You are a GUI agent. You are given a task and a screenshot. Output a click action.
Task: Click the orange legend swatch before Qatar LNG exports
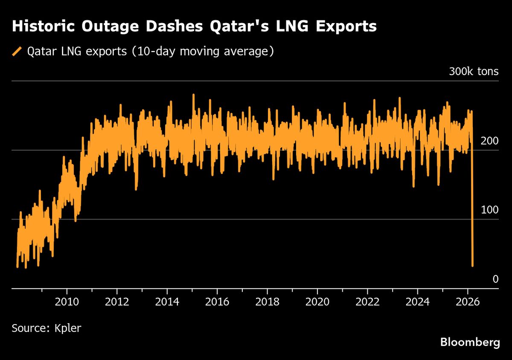pos(17,52)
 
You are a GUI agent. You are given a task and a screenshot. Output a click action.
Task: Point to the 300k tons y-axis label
pos(473,71)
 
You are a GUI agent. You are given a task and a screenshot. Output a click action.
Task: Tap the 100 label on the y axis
pos(489,210)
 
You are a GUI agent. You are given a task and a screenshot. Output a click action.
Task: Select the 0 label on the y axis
pos(495,279)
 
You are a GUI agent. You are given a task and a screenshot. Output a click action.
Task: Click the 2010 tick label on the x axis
pos(67,302)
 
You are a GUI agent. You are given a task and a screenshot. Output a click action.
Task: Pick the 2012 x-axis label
pos(117,302)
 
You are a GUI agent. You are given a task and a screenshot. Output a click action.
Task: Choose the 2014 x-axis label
pos(167,302)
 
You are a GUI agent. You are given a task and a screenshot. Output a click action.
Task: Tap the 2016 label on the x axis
pos(217,302)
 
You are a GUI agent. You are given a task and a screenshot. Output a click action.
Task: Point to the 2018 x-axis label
pos(267,302)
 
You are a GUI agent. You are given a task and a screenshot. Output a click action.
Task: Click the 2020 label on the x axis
pos(317,302)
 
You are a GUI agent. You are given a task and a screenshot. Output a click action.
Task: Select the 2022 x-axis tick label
pos(367,302)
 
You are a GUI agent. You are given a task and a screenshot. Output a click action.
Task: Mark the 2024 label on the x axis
pos(418,302)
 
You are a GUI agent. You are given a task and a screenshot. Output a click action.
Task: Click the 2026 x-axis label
pos(468,302)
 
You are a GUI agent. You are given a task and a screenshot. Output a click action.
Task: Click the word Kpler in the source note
pos(68,328)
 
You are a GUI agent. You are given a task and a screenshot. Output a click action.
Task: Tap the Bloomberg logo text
pos(470,342)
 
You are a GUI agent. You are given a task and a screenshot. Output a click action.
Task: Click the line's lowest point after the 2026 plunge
pos(472,266)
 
